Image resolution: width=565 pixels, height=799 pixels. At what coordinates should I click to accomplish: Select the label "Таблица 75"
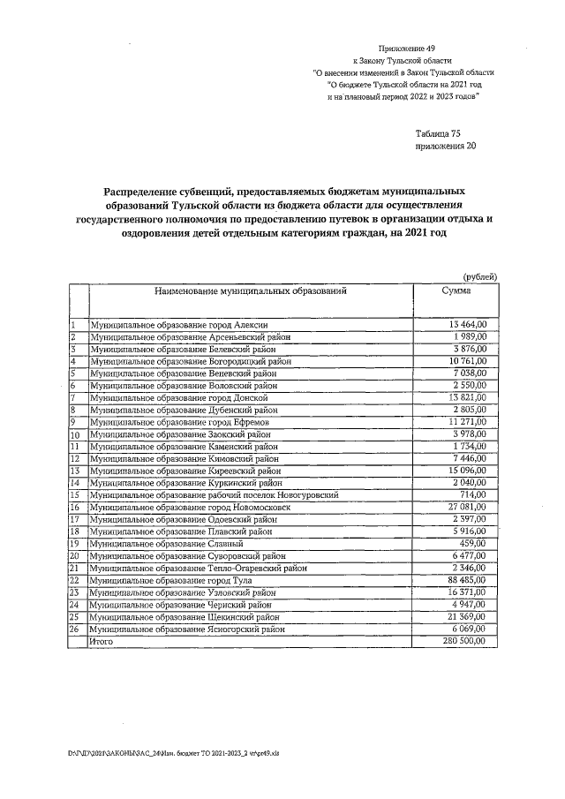[x=438, y=133]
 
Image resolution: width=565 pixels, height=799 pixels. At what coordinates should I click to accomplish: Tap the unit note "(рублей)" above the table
[x=479, y=276]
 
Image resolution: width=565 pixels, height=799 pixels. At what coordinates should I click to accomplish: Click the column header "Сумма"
[x=456, y=290]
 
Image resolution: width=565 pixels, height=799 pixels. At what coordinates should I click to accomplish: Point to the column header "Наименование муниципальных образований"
[x=250, y=290]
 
